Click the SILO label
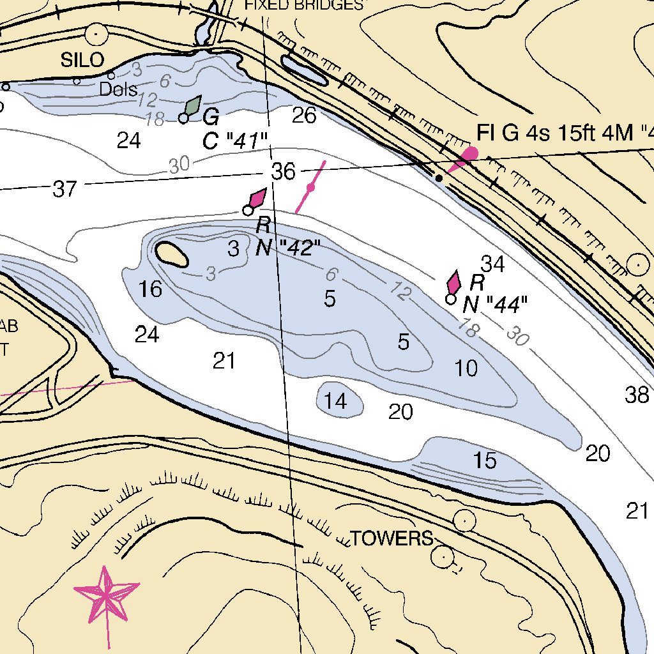[82, 60]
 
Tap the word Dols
[118, 89]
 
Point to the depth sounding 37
[65, 189]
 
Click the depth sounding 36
[284, 172]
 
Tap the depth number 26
[304, 116]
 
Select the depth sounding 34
[492, 262]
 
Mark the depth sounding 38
[637, 395]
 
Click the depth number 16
[151, 289]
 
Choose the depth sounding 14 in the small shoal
[335, 401]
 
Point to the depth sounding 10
[466, 368]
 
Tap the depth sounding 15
[485, 460]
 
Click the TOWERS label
[392, 538]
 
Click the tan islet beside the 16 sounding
[171, 254]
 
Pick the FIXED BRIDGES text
[304, 5]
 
